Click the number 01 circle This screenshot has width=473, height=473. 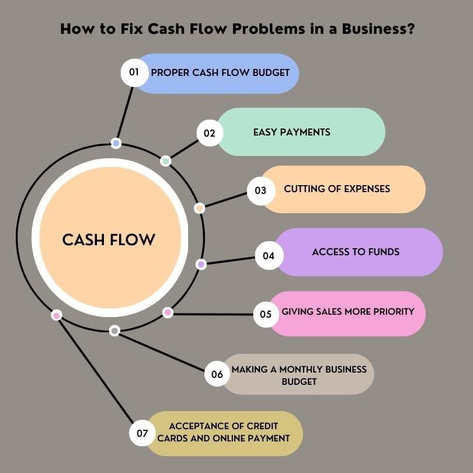134,72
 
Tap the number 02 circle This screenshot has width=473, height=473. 210,133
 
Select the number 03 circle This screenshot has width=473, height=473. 260,190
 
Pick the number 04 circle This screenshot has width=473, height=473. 269,255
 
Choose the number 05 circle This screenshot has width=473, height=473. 266,314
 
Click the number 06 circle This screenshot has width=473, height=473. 217,374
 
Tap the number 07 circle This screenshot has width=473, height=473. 142,433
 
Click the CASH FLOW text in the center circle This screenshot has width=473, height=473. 109,239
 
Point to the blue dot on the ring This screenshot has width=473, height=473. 116,143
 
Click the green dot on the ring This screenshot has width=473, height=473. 166,161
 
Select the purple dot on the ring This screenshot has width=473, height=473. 201,264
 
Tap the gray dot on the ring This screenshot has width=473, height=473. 114,331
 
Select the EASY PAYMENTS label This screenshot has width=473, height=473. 291,132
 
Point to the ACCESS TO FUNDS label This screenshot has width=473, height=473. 356,252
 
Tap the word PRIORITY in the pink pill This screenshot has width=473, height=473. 391,311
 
